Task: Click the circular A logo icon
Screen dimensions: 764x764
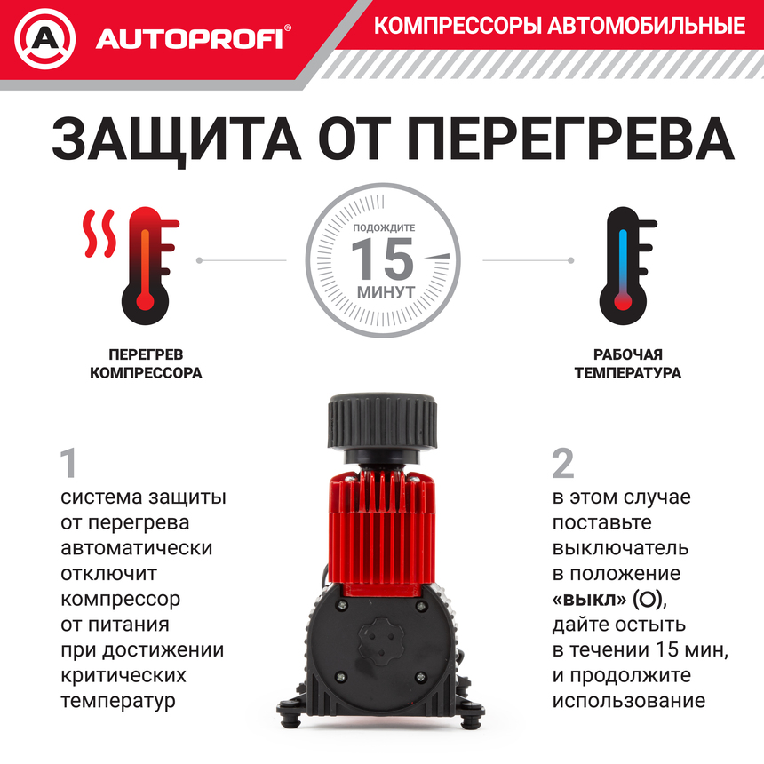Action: coord(44,38)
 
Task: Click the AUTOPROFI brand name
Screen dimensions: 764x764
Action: coord(191,39)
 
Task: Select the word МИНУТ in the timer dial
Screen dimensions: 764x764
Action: coord(384,291)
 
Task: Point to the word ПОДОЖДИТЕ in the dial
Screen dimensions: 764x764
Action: coord(384,228)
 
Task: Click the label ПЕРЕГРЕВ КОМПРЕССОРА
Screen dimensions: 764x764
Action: coord(146,364)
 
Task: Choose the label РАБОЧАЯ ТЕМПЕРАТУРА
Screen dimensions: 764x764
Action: coord(627,364)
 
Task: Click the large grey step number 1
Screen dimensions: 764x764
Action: coord(68,463)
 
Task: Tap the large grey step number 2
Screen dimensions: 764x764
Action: coord(562,463)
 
